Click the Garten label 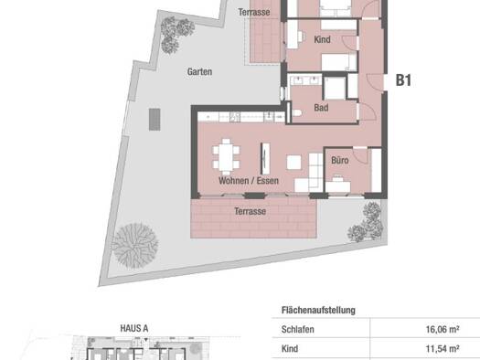tap(199, 72)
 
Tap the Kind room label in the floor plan tap(322, 39)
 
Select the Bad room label tap(321, 108)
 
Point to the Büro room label tap(340, 160)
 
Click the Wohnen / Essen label tap(249, 181)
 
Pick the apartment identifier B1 tap(403, 80)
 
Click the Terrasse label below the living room tap(250, 211)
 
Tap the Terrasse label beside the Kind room tap(254, 12)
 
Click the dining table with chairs tap(226, 157)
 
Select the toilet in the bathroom tap(297, 113)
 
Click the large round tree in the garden tap(135, 246)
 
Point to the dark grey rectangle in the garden tap(155, 120)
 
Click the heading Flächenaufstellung tap(318, 310)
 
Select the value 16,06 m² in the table tap(443, 330)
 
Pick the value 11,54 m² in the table tap(443, 349)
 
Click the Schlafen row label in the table tap(297, 330)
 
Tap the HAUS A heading tap(134, 329)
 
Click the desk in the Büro tap(337, 186)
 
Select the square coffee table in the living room tap(293, 163)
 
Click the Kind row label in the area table tap(290, 349)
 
